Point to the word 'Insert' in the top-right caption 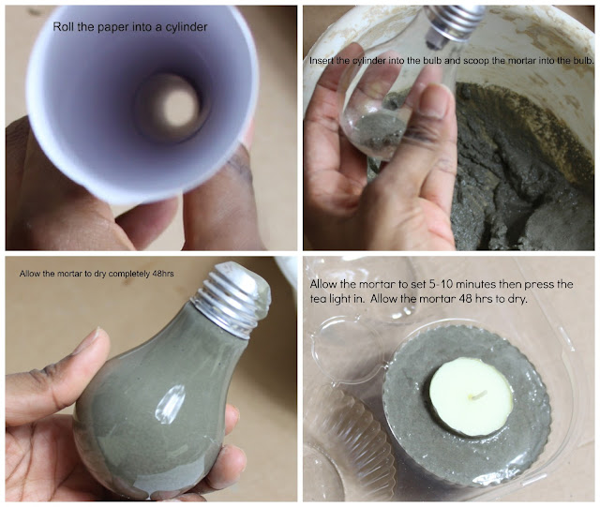point(319,61)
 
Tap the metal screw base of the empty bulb point(453,22)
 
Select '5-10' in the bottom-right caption point(440,284)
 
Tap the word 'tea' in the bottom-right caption point(317,298)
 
